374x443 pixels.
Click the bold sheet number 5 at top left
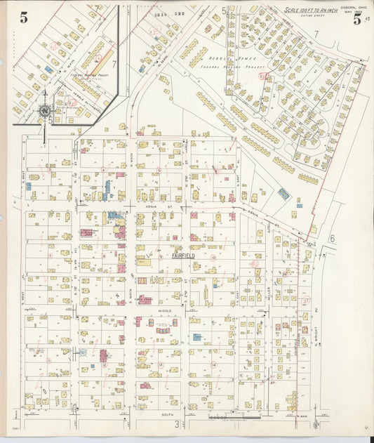click(x=23, y=18)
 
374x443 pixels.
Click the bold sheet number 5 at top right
click(x=357, y=20)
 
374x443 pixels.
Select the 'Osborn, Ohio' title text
click(x=349, y=7)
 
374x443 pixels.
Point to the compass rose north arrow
click(x=45, y=110)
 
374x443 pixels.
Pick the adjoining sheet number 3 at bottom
click(x=187, y=423)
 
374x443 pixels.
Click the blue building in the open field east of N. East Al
click(x=283, y=192)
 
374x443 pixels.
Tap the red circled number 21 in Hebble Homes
click(x=262, y=75)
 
